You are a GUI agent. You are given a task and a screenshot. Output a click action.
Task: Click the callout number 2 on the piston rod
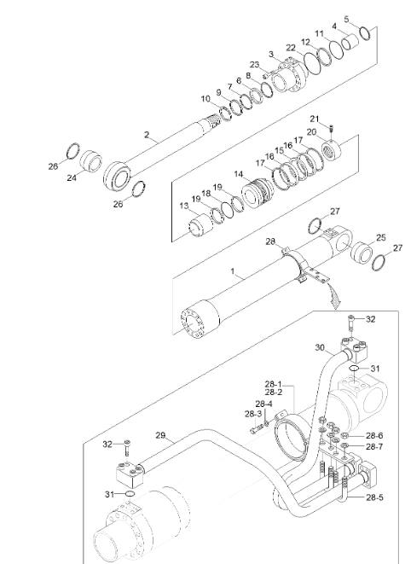(147, 135)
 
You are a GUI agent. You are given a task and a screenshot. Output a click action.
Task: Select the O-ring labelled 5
(363, 33)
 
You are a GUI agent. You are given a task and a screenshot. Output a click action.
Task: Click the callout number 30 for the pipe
(319, 347)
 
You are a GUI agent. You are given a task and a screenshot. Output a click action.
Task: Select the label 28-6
(374, 435)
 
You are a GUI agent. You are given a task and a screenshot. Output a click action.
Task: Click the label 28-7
(374, 446)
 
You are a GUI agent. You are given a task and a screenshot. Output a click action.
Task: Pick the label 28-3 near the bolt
(254, 414)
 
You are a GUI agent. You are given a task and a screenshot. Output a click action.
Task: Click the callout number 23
(254, 65)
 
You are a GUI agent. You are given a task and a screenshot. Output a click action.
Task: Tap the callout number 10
(205, 99)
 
